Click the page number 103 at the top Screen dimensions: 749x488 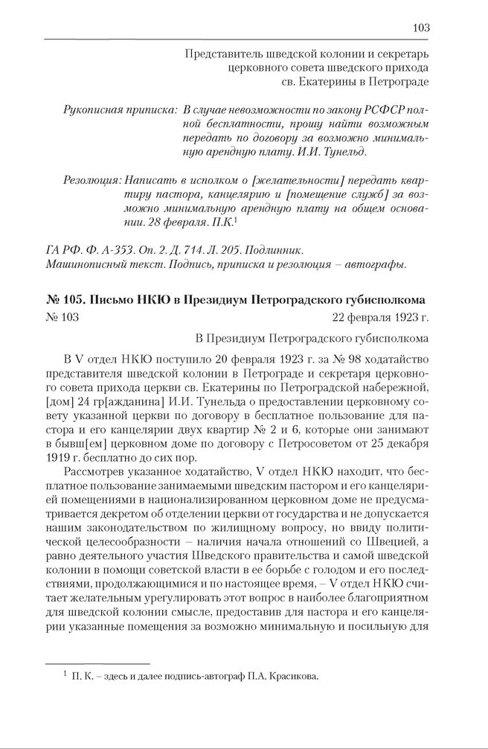[x=420, y=28]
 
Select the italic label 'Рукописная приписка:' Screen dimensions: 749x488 [x=109, y=110]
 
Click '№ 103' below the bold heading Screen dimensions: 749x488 [x=62, y=319]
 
